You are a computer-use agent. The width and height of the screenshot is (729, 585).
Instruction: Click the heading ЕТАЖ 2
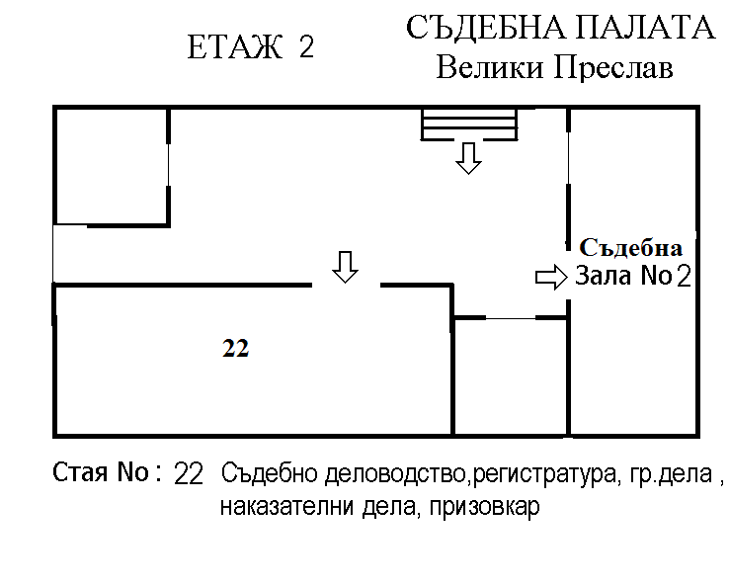pyautogui.click(x=251, y=47)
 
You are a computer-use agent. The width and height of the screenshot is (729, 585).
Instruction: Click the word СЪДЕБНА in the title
pyautogui.click(x=486, y=28)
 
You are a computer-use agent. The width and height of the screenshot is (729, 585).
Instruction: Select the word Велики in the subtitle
pyautogui.click(x=490, y=68)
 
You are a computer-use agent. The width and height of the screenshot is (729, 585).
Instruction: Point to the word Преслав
pyautogui.click(x=613, y=68)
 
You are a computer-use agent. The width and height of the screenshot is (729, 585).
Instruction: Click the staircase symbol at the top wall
pyautogui.click(x=469, y=125)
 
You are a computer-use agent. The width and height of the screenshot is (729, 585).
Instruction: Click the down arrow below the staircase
pyautogui.click(x=468, y=158)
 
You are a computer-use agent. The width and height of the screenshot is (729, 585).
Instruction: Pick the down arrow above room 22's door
pyautogui.click(x=345, y=268)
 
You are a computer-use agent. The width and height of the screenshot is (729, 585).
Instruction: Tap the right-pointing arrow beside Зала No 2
pyautogui.click(x=551, y=277)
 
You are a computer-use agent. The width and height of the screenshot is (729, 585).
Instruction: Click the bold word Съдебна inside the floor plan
pyautogui.click(x=631, y=248)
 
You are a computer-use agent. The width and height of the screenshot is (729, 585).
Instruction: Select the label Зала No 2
pyautogui.click(x=633, y=276)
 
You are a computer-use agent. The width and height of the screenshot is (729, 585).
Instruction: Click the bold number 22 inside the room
pyautogui.click(x=236, y=348)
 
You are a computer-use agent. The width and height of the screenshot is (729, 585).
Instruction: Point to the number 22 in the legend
pyautogui.click(x=189, y=474)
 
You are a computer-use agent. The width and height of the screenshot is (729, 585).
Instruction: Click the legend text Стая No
pyautogui.click(x=100, y=472)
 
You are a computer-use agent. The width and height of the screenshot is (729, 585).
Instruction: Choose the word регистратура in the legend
pyautogui.click(x=544, y=474)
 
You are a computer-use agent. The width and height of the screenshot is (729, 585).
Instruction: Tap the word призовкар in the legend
pyautogui.click(x=485, y=506)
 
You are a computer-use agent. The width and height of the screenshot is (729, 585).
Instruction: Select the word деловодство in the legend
pyautogui.click(x=395, y=474)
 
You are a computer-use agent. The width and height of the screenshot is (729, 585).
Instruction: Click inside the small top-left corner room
pyautogui.click(x=112, y=166)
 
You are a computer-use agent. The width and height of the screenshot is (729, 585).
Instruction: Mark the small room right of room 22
pyautogui.click(x=510, y=376)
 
